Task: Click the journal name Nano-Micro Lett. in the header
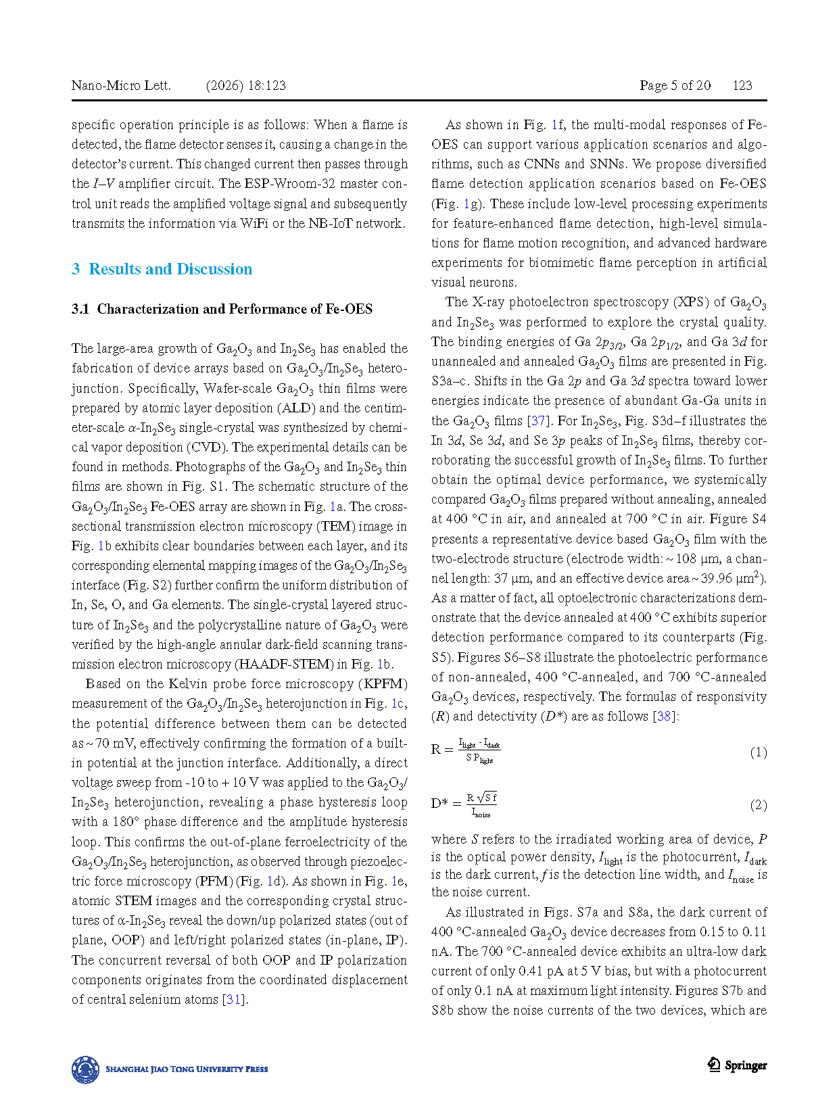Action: [x=121, y=86]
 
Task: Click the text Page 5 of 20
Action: [x=675, y=86]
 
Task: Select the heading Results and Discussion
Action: [x=170, y=269]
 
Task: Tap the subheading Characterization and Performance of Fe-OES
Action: [x=235, y=309]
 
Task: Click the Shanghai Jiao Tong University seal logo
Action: [x=85, y=1069]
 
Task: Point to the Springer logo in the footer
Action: [x=737, y=1065]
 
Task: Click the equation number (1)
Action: [x=758, y=752]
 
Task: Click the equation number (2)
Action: [x=758, y=805]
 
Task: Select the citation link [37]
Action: [x=537, y=420]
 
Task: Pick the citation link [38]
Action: [x=664, y=716]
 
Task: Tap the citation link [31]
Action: [x=233, y=999]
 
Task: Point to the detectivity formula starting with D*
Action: [x=464, y=804]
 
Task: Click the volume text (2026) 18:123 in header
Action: [x=245, y=86]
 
